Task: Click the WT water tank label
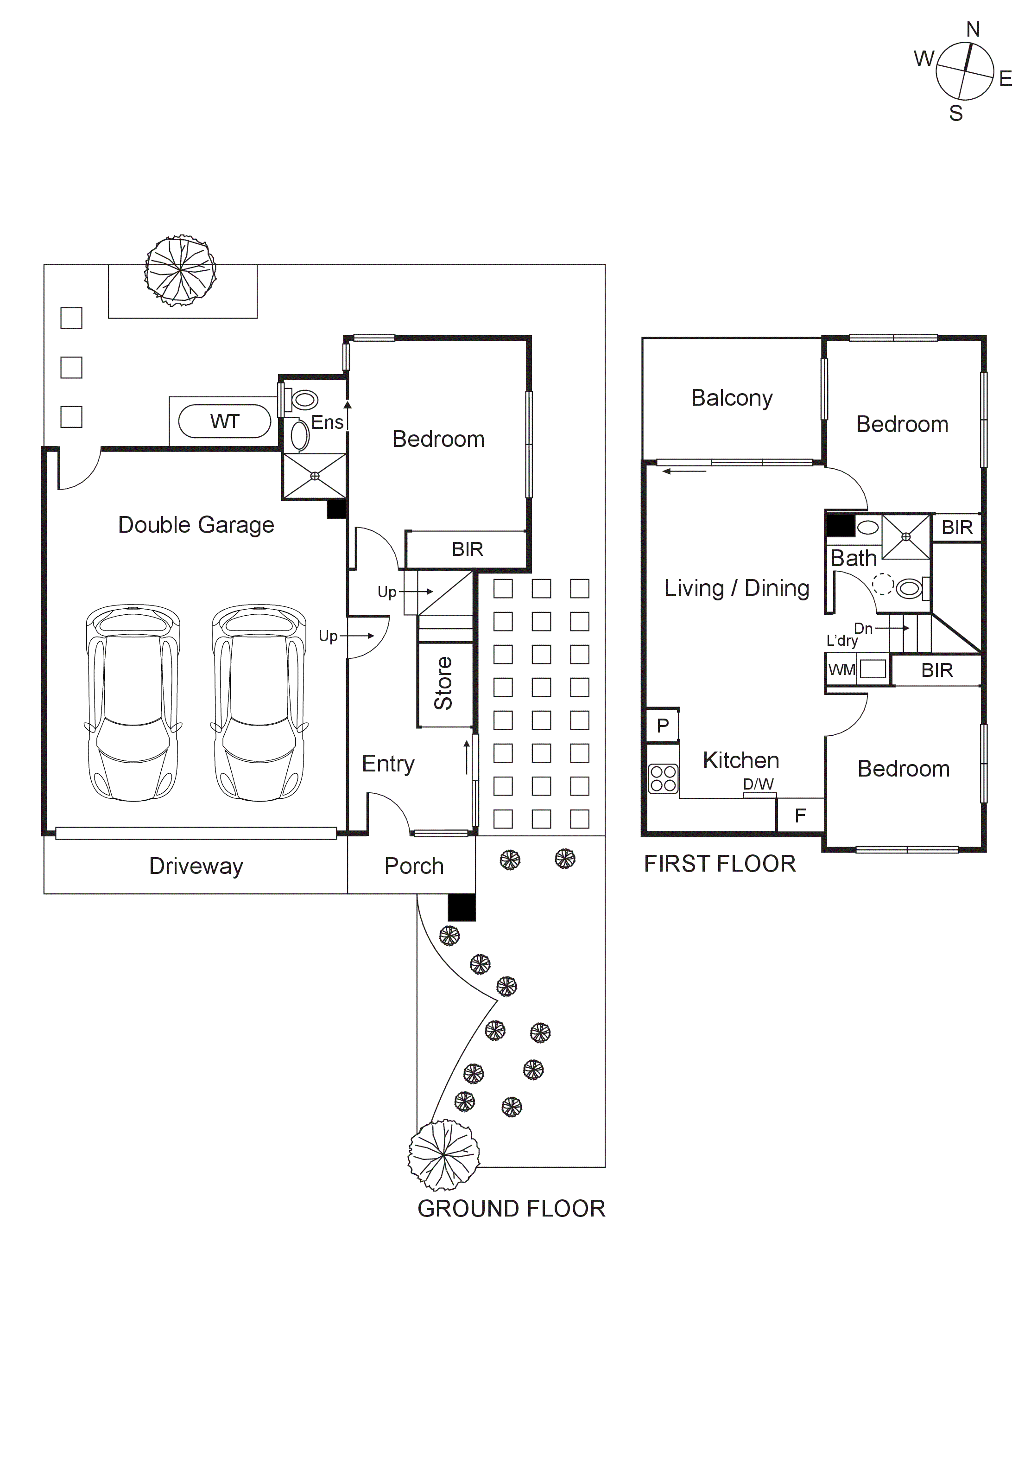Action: tap(224, 421)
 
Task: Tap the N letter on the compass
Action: tap(973, 29)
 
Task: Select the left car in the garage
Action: tap(133, 703)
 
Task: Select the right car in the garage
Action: tap(259, 703)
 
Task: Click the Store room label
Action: tap(443, 683)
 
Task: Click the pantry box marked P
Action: tap(663, 725)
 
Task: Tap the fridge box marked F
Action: tap(800, 816)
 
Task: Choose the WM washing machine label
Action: tap(841, 670)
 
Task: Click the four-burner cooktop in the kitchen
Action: tap(663, 778)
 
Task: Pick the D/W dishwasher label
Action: tap(759, 784)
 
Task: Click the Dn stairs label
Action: tap(863, 629)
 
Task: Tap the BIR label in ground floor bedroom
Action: tap(468, 549)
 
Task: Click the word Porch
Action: tap(414, 866)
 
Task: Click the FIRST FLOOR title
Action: tap(719, 864)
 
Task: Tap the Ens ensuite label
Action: tap(327, 422)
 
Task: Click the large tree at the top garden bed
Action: tap(180, 270)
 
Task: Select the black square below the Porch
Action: tap(462, 907)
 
